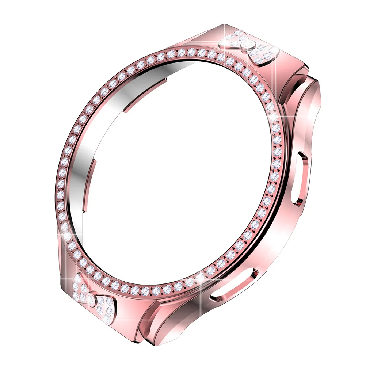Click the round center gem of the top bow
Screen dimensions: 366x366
tap(249, 44)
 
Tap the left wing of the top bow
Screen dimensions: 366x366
tap(234, 39)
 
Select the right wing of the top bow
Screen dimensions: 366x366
tap(266, 54)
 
